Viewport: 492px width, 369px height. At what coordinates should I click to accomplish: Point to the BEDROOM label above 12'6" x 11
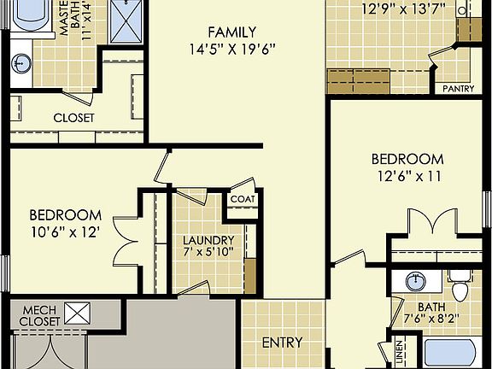407,159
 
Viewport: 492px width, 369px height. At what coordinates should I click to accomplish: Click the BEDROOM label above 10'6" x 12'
66,214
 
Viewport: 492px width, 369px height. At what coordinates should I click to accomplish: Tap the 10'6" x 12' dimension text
66,231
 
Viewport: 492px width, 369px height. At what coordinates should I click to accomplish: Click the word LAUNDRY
208,240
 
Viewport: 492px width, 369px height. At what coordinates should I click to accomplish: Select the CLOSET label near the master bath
73,118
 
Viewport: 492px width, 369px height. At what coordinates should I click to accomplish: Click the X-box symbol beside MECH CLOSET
78,313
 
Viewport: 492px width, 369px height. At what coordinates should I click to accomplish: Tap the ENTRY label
282,343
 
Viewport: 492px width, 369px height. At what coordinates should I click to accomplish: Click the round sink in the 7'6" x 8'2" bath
416,281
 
